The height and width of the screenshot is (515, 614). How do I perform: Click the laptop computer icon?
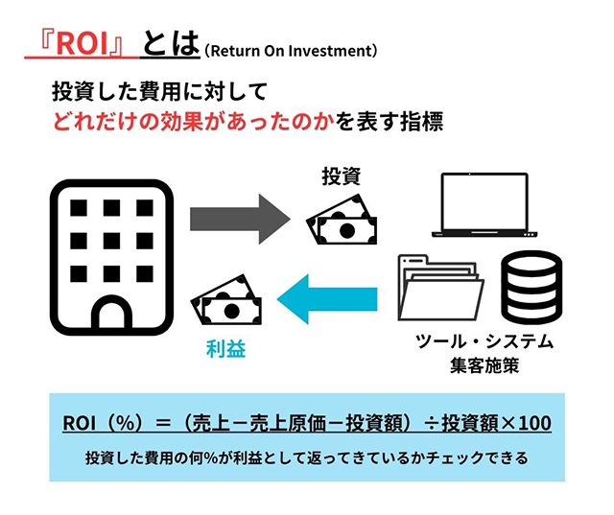point(484,204)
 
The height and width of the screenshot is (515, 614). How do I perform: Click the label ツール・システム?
point(484,341)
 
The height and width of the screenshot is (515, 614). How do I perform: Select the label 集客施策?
point(484,365)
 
